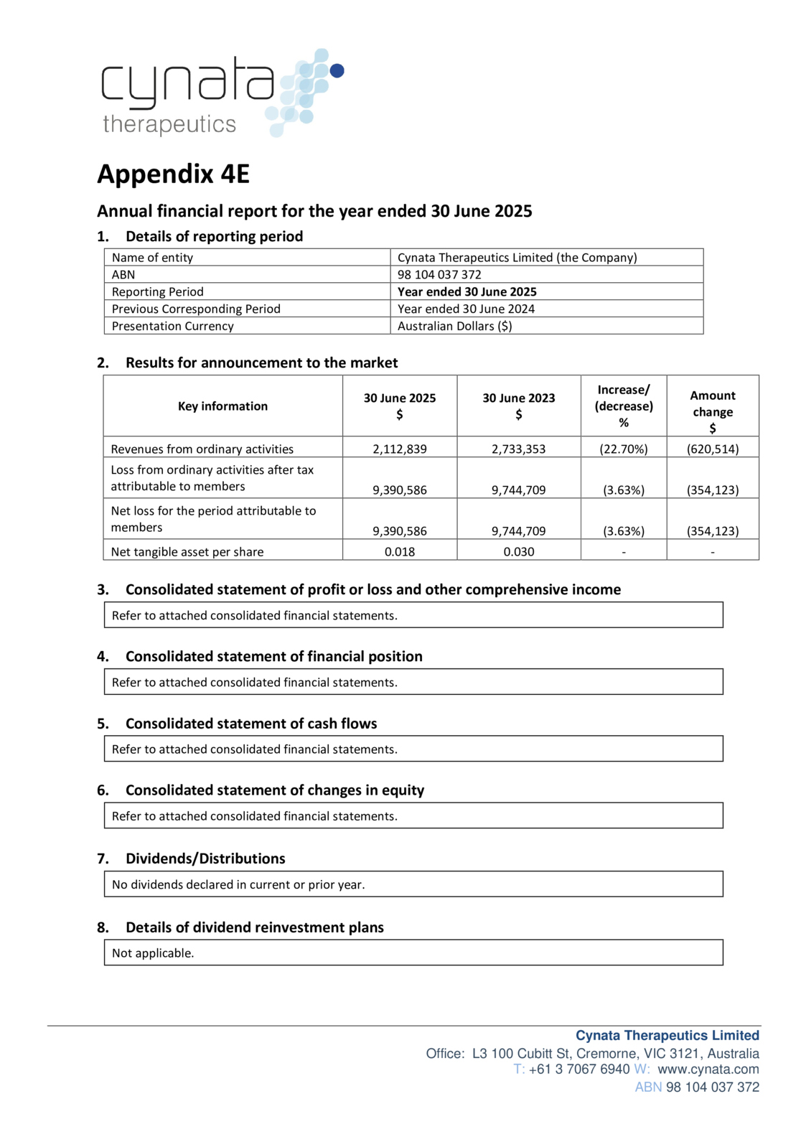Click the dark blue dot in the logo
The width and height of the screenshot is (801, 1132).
tap(337, 70)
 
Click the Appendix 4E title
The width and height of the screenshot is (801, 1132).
tap(173, 174)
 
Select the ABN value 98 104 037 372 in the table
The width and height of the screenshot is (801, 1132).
tap(439, 274)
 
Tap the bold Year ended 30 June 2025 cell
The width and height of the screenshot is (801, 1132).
tap(467, 291)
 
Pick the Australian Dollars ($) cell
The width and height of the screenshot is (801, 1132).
tap(454, 326)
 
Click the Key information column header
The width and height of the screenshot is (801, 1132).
tap(222, 406)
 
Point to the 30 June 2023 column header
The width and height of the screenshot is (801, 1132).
tap(518, 406)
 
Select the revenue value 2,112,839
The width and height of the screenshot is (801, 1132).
tap(399, 449)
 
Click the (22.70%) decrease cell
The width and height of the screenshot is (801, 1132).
tap(623, 449)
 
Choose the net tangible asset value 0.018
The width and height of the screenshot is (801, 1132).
tap(399, 552)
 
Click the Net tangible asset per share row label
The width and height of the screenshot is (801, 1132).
tap(187, 552)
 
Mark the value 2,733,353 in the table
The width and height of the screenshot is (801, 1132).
tap(518, 449)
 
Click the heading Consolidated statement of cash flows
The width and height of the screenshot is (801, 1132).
tap(251, 724)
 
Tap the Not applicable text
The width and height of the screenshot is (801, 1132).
tap(153, 953)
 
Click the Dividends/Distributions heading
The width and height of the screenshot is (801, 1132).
tap(205, 859)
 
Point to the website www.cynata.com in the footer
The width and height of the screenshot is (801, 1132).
tap(708, 1069)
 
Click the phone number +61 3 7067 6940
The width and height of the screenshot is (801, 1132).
tap(579, 1069)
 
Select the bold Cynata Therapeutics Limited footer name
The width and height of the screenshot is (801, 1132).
tap(667, 1035)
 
